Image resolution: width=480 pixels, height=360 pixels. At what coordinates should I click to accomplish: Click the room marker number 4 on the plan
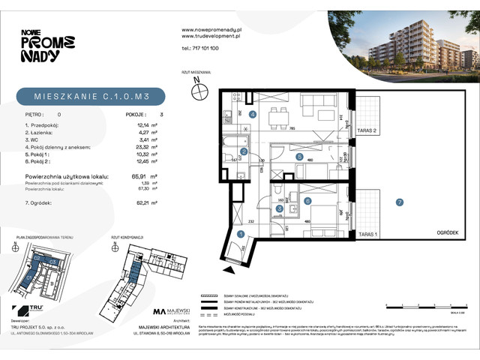(253, 115)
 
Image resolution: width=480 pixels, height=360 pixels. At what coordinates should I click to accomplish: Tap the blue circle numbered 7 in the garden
(400, 202)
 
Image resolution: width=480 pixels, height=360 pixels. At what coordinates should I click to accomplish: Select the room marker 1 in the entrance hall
(241, 235)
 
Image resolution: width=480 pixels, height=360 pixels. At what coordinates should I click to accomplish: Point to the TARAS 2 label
(366, 130)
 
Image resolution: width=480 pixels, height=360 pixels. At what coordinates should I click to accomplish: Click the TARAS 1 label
(366, 235)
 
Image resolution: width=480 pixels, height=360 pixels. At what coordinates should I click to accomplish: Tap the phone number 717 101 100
(200, 47)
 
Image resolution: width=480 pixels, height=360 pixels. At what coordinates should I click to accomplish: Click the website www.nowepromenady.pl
(210, 29)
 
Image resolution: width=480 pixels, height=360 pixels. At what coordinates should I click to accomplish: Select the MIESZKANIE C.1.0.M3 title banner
(90, 95)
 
